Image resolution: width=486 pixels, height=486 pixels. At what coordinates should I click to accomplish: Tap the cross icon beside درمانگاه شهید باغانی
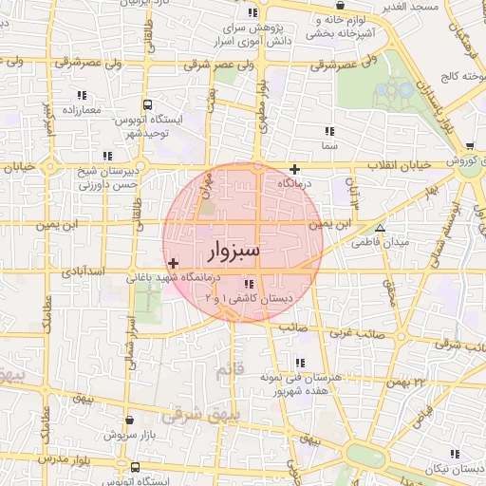[x=172, y=263]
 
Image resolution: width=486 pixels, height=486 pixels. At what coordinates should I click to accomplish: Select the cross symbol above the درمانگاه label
[x=294, y=169]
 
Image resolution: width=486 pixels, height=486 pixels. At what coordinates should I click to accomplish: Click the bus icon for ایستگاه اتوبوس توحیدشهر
[x=146, y=105]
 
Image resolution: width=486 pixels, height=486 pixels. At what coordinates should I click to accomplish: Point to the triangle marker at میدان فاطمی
[x=380, y=229]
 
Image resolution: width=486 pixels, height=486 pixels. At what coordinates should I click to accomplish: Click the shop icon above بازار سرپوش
[x=130, y=418]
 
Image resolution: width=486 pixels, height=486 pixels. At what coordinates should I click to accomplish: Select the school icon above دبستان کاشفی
[x=249, y=284]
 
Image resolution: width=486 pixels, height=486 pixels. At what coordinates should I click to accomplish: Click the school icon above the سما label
[x=328, y=131]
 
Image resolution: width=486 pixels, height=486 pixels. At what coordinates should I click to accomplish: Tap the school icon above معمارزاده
[x=82, y=95]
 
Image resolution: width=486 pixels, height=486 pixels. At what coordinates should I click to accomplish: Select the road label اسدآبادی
[x=80, y=272]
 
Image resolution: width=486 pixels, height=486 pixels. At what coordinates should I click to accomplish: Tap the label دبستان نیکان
[x=446, y=470]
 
